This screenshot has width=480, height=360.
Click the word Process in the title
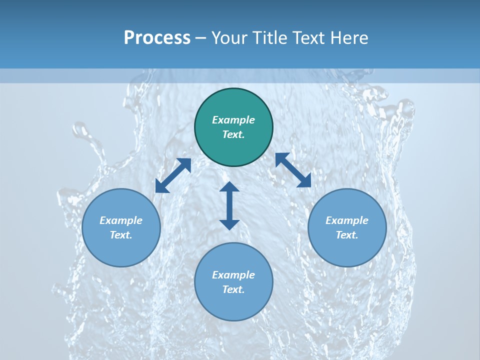[x=157, y=38]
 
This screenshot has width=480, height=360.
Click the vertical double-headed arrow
[x=229, y=205]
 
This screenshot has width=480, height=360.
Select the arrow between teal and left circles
[x=173, y=175]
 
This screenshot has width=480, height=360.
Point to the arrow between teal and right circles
[x=293, y=170]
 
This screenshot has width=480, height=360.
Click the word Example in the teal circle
[x=233, y=120]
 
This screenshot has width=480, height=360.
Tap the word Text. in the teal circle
[x=233, y=134]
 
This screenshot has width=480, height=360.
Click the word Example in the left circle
[x=121, y=220]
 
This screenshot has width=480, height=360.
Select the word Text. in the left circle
[x=121, y=235]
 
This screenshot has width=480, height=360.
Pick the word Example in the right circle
[x=347, y=220]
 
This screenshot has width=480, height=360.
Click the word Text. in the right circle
[x=347, y=235]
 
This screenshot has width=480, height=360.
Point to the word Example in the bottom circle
[x=233, y=275]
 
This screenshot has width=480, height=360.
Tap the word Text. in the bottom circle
[x=233, y=289]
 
